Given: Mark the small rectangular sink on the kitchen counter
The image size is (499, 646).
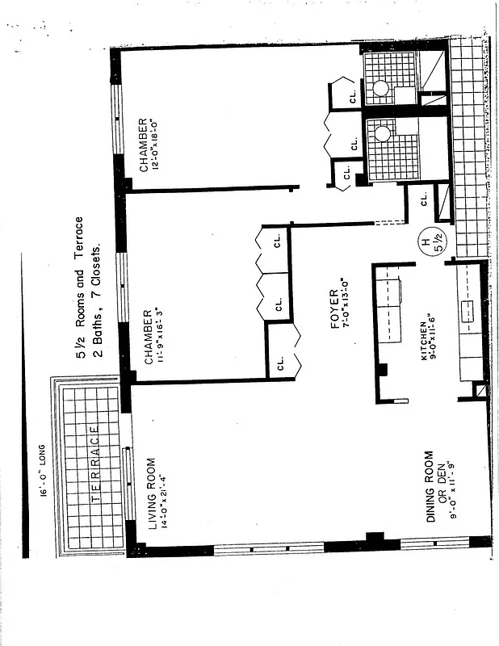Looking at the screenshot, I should tap(466, 309).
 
